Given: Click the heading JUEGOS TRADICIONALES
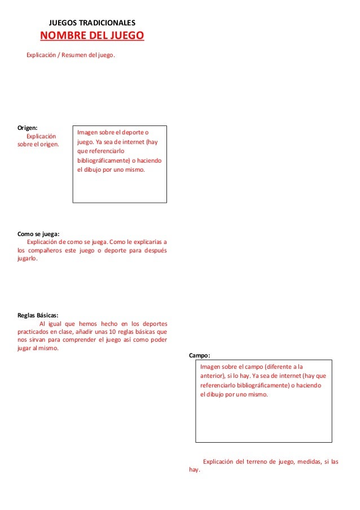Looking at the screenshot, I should (x=93, y=23).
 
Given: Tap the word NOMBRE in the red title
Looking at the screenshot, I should (x=63, y=37).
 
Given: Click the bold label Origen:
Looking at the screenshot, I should (x=28, y=128).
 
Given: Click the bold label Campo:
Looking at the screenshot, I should (x=200, y=356).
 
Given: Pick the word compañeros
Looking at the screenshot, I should (x=47, y=250).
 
